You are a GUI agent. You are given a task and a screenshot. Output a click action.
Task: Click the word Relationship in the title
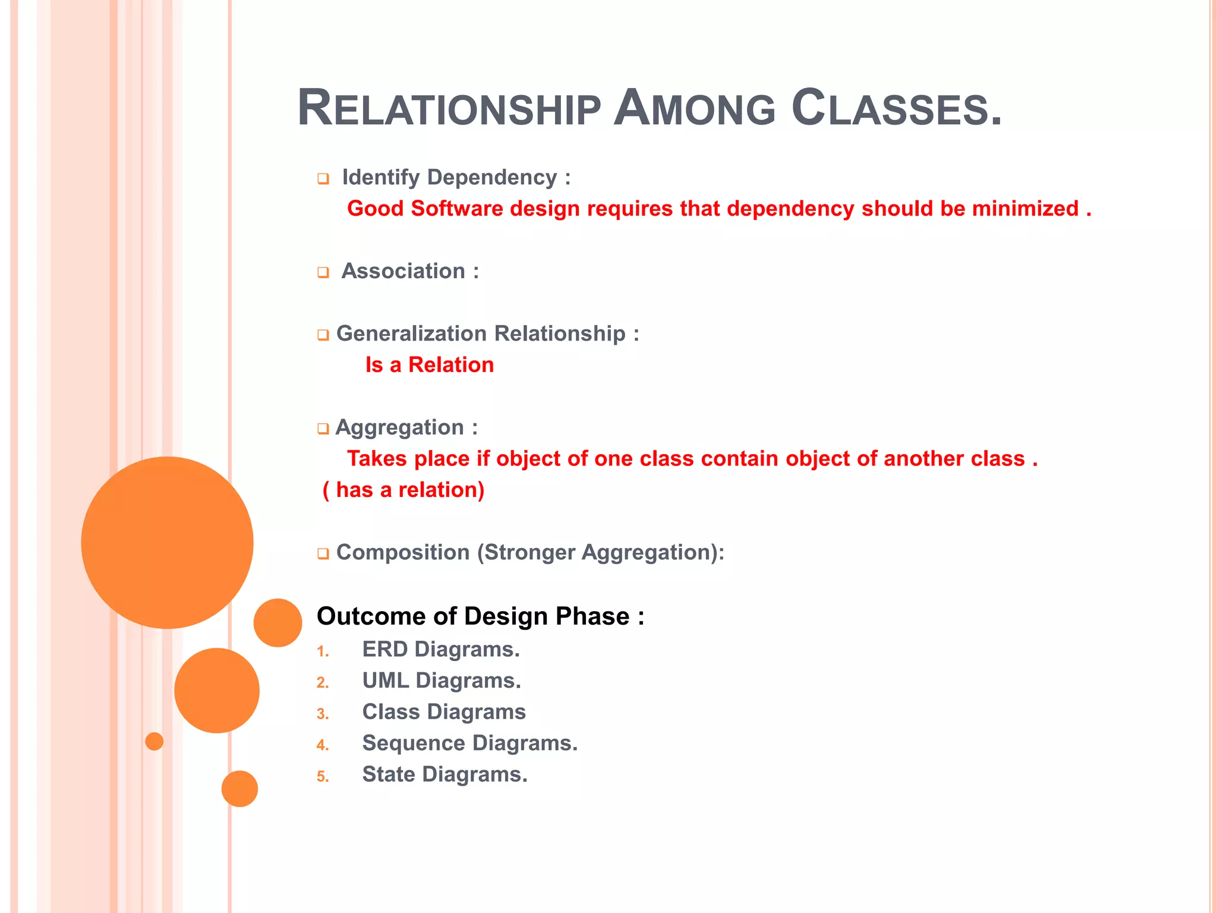click(449, 109)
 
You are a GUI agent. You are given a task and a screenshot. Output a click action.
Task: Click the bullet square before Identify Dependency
click(323, 179)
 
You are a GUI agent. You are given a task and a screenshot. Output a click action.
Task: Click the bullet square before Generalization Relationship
click(323, 335)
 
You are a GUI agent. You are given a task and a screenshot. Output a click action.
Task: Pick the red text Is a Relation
click(430, 365)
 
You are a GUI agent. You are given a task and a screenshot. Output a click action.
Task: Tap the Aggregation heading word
click(399, 427)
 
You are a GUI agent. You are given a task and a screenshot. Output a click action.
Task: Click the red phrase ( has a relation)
click(403, 490)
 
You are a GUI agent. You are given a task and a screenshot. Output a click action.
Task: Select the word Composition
click(403, 552)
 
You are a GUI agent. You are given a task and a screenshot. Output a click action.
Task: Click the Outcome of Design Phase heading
click(480, 616)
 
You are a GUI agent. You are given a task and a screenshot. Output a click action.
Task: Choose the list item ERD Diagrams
click(441, 649)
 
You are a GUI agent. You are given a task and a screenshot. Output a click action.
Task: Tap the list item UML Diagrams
click(442, 681)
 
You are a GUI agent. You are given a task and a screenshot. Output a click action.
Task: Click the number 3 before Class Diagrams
click(323, 714)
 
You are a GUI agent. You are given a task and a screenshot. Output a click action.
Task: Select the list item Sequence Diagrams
click(469, 743)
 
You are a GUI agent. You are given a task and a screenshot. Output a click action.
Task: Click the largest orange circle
click(167, 543)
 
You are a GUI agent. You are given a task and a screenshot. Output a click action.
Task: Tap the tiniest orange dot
click(155, 741)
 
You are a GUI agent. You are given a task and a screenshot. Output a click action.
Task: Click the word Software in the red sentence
click(457, 209)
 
